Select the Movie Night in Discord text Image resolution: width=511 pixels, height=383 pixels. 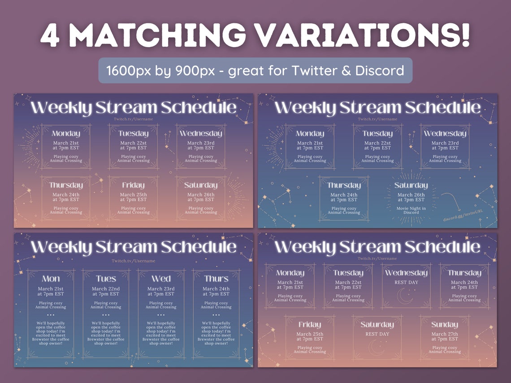(411, 210)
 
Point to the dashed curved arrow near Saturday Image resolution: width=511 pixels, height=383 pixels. (451, 202)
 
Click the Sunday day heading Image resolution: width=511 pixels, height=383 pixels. (444, 324)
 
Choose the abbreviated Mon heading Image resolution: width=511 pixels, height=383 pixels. (51, 279)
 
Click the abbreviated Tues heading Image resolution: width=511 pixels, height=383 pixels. (106, 279)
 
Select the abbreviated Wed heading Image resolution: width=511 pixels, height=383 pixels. (161, 279)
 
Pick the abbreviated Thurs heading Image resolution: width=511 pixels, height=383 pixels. (216, 279)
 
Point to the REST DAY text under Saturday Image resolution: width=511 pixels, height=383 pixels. (377, 334)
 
